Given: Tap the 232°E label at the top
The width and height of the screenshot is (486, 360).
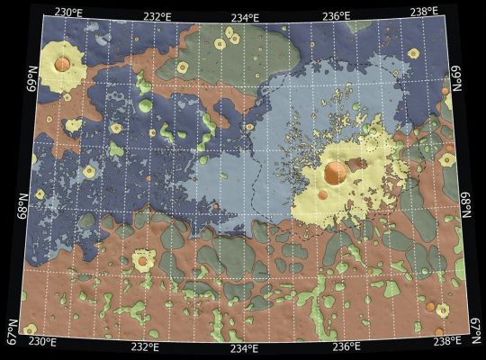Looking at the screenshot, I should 157,15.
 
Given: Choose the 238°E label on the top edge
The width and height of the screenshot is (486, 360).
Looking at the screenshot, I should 423,11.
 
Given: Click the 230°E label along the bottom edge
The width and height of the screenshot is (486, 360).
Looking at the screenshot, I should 42,342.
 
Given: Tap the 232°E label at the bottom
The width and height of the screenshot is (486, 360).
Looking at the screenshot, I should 145,346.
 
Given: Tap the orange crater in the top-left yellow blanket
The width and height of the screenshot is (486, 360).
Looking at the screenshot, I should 62,64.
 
